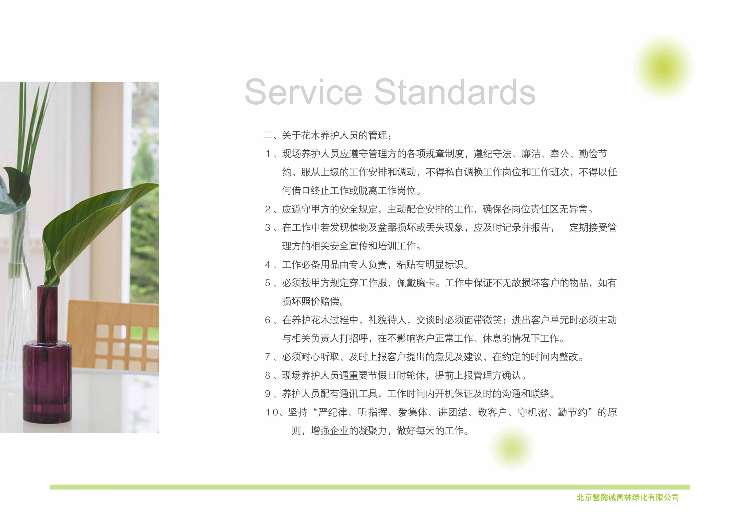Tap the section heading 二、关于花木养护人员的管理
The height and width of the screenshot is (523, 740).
coord(327,135)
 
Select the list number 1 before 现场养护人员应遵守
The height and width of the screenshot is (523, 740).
coord(268,154)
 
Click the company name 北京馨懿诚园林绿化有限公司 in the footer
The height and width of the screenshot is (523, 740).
coord(628,497)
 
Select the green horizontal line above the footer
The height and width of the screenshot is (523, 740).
coord(370,487)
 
